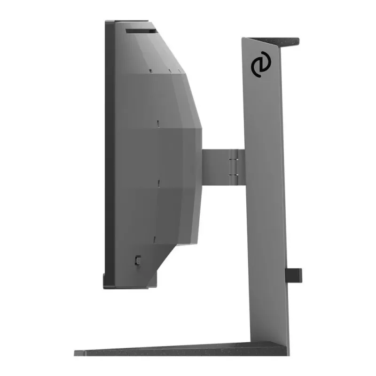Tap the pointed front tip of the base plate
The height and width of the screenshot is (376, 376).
tap(76, 352)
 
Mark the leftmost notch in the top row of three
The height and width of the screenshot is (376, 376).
tap(150, 71)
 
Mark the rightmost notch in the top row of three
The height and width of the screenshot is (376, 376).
tap(179, 71)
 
